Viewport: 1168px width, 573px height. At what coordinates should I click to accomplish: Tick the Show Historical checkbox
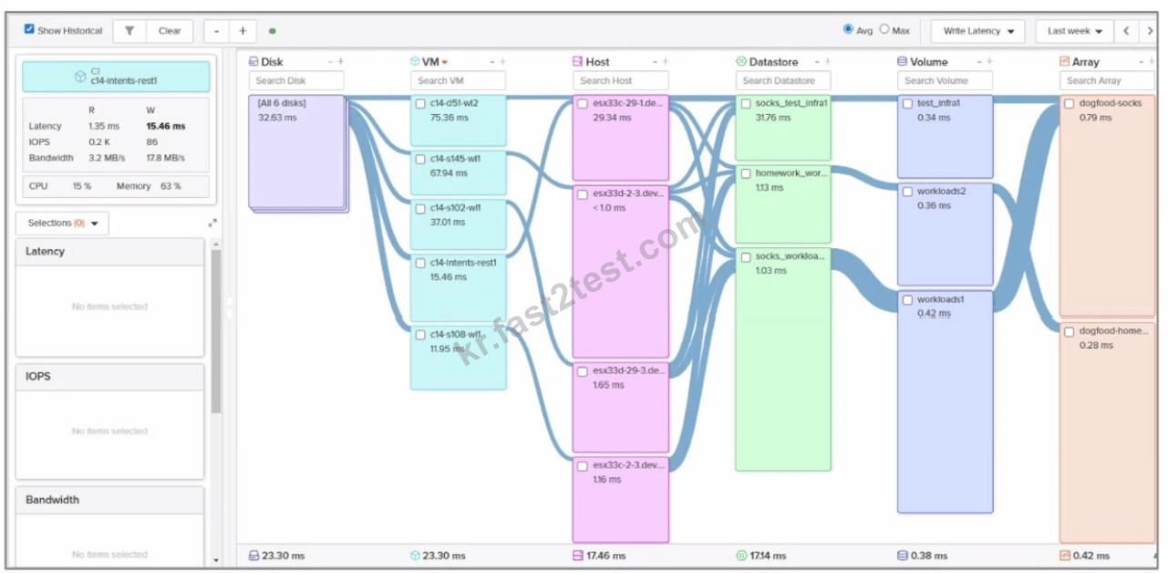29,29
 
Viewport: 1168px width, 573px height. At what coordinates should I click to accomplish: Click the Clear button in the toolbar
170,31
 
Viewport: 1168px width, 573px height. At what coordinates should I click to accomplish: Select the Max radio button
884,29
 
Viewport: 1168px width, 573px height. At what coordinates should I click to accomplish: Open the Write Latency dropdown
977,31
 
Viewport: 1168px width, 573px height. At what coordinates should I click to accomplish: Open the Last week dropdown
1074,31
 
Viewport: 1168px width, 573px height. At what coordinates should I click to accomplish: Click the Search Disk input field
296,80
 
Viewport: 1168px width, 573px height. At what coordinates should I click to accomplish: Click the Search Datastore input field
783,80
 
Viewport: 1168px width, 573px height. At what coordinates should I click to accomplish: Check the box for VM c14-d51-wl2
420,104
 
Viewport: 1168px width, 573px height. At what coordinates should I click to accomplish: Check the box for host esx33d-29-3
583,371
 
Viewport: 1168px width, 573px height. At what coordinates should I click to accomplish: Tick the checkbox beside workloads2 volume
908,192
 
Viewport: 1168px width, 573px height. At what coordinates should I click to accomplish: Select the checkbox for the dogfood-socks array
1069,104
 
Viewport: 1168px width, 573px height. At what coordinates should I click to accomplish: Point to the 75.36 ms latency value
449,118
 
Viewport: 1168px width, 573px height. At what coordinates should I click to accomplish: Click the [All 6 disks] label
282,103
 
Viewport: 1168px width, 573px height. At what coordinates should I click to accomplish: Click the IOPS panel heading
38,376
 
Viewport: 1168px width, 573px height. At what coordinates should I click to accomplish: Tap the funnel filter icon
129,31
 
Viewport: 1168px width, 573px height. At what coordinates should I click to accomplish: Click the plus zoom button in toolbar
243,31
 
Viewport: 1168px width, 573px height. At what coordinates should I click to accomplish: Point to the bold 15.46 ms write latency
165,126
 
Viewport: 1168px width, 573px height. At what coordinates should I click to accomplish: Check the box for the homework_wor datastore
746,173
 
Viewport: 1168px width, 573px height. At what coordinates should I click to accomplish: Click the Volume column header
929,61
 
